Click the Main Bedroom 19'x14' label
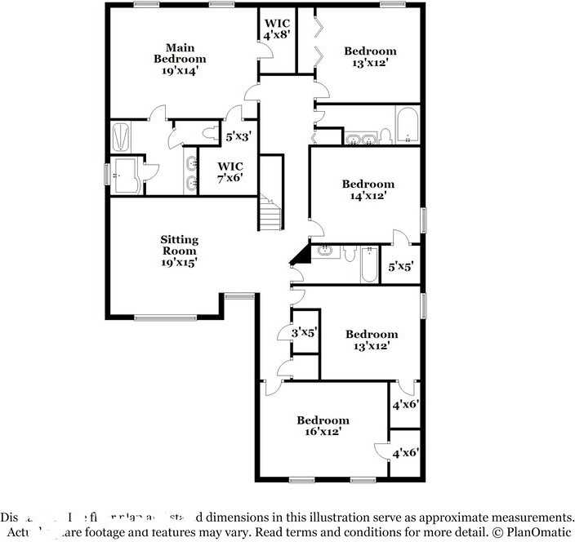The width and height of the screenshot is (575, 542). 180,59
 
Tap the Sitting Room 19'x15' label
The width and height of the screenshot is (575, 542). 179,251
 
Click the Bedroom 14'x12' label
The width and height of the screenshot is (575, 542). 368,189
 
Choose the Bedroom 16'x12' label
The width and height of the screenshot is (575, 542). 323,425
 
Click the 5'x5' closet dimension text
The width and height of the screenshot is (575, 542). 401,266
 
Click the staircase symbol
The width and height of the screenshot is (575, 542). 270,214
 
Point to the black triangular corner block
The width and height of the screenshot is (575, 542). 301,255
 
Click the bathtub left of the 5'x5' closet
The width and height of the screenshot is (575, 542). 369,264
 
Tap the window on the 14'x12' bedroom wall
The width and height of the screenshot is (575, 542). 423,220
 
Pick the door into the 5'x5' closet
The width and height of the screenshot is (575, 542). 399,238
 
